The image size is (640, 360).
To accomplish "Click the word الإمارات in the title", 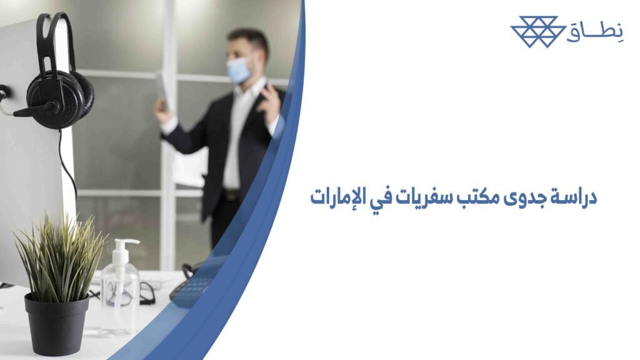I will [337, 199].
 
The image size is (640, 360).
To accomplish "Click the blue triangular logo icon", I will [534, 32].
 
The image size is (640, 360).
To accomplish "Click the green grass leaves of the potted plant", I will [59, 256].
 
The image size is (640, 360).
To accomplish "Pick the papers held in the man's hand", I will [162, 87].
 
